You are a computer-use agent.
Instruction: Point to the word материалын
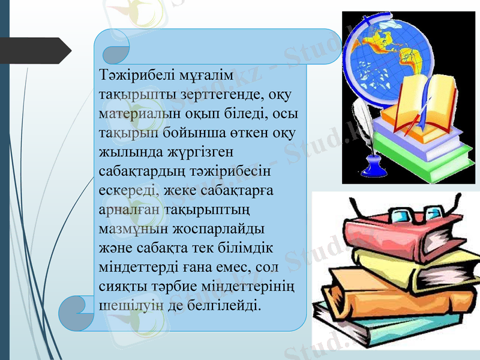(136, 113)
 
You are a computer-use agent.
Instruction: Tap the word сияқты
(121, 286)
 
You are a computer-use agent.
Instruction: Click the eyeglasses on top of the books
(411, 212)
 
